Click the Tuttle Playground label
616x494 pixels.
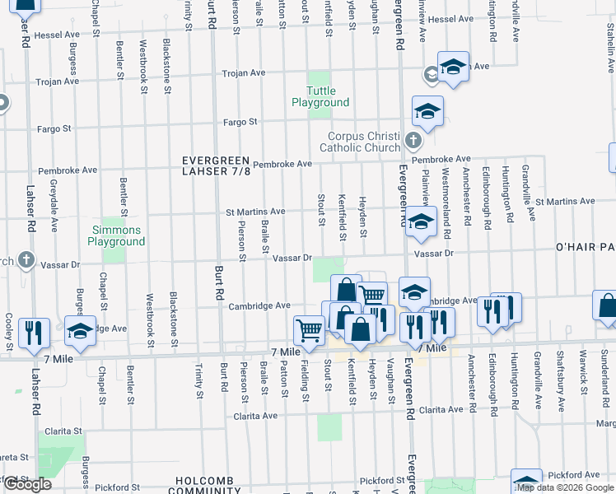click(320, 96)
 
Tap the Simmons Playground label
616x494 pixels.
click(115, 236)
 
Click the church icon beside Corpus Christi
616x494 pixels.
click(413, 139)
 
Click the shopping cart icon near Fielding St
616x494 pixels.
click(309, 329)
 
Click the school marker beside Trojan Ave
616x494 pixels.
click(452, 66)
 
